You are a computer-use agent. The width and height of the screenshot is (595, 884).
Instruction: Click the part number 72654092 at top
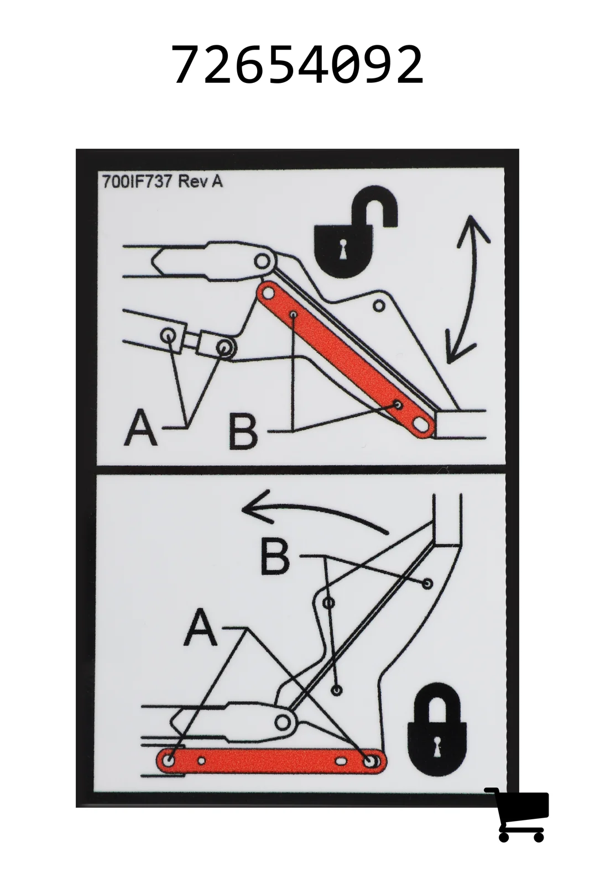(297, 64)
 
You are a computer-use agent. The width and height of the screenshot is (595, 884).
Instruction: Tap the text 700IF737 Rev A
(163, 181)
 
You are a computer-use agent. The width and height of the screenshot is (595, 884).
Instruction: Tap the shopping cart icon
(517, 806)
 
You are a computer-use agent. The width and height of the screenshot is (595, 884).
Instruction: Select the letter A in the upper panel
(140, 427)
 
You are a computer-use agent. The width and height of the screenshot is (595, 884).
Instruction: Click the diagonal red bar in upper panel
(346, 360)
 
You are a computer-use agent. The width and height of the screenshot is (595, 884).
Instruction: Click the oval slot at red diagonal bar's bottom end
(421, 425)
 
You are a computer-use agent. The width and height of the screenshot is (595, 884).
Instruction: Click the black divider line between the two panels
(301, 470)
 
